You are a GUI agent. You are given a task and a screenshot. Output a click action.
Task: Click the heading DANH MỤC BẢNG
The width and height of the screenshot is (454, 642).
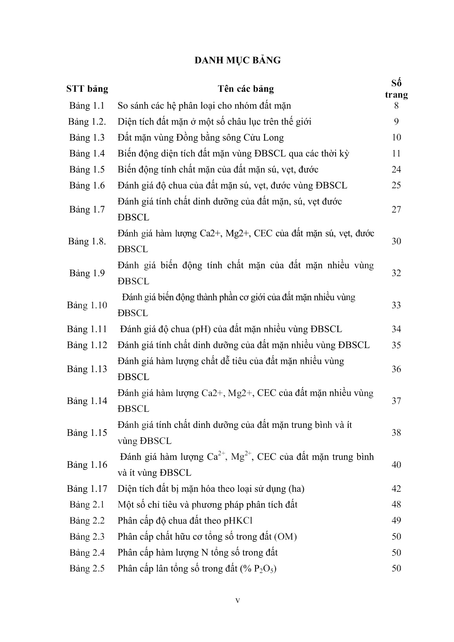coord(238,60)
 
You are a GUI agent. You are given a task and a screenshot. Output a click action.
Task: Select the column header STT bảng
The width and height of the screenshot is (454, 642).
coord(87,89)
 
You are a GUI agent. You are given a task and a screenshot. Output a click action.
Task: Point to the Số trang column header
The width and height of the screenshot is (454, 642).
coord(396,89)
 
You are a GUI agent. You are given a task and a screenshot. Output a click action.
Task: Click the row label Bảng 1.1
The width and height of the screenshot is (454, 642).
coord(87,105)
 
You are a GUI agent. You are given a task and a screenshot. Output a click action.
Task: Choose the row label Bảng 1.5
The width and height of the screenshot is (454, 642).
coord(87,169)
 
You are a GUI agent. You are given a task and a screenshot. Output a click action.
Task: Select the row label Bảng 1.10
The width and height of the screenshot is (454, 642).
coord(87,305)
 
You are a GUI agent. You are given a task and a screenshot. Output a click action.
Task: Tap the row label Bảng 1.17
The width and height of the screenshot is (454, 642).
coord(87,489)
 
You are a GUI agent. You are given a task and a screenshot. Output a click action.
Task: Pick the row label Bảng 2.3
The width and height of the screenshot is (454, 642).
coord(87,537)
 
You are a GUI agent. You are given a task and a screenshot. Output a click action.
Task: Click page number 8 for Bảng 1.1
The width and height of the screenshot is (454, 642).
coord(396,105)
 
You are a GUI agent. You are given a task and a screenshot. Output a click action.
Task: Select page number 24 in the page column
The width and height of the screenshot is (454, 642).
coord(396,169)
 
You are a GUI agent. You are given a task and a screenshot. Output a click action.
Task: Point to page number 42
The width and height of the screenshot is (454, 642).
coord(396,489)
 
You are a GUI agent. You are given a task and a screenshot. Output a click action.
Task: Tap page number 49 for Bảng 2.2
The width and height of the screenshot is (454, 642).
coord(396,520)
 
